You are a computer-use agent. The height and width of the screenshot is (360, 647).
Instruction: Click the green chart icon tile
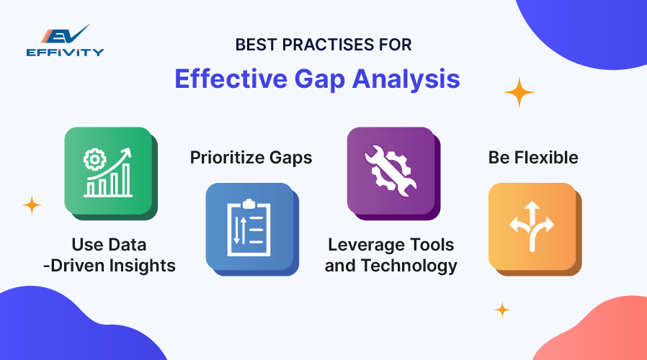click(108, 171)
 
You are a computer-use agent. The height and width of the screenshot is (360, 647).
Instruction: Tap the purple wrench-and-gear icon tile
click(391, 171)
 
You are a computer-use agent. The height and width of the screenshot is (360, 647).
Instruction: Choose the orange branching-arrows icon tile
click(532, 227)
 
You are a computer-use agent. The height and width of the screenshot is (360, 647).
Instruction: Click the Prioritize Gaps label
click(251, 158)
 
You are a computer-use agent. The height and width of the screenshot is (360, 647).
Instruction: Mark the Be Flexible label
click(533, 158)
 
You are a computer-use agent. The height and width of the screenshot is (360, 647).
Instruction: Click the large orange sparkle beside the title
click(519, 92)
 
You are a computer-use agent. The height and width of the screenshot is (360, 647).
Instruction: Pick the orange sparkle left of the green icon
click(32, 205)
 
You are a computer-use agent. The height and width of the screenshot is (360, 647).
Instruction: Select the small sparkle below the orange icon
click(502, 310)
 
